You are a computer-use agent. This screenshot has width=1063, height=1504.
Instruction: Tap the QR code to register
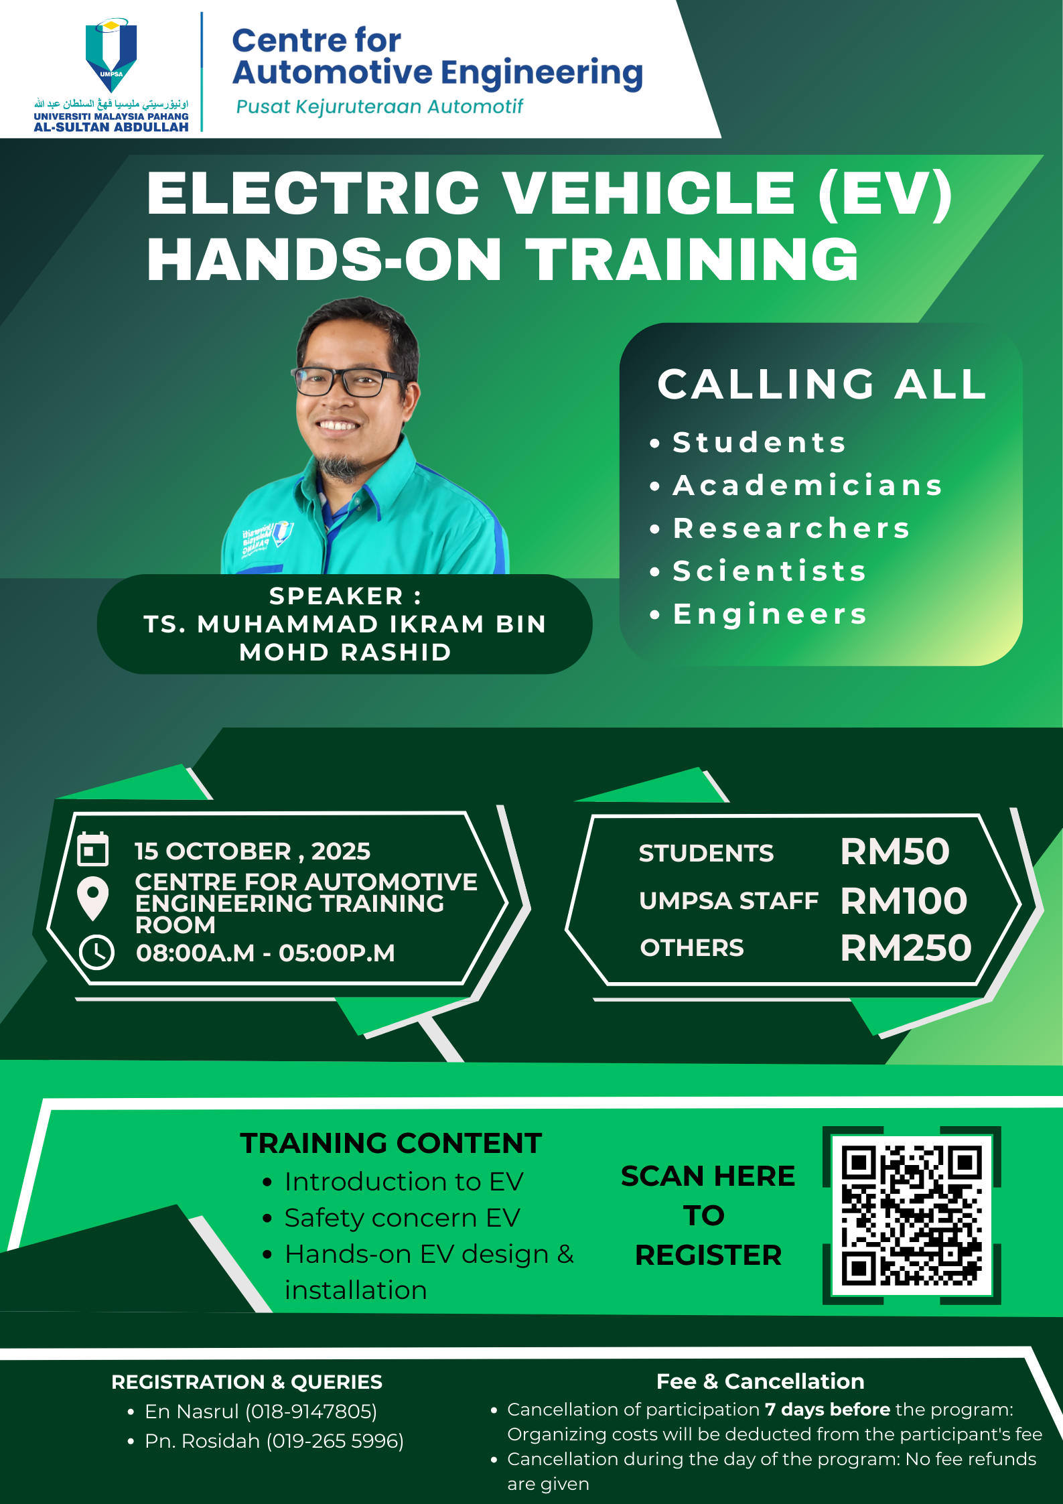[912, 1215]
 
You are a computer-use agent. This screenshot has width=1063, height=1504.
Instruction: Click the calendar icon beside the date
[93, 849]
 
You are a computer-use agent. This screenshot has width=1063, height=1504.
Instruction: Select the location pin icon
[93, 898]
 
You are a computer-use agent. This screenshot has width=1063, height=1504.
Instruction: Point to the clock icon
[97, 952]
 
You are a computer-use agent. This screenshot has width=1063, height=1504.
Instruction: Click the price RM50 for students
[895, 852]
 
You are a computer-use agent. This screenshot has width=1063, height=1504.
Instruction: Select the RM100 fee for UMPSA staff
[904, 901]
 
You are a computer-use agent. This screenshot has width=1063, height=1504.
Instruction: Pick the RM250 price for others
[906, 949]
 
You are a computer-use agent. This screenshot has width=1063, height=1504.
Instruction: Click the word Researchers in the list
[792, 529]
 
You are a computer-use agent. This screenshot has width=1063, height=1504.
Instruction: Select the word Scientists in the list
[770, 571]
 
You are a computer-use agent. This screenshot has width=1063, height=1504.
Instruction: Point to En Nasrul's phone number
[311, 1412]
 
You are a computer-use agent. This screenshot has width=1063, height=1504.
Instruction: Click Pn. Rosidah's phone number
[335, 1441]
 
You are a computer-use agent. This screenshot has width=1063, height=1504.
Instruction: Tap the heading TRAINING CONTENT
[391, 1144]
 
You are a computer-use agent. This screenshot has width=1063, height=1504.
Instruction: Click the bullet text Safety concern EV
[403, 1218]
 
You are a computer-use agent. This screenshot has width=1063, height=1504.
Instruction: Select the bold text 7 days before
[828, 1410]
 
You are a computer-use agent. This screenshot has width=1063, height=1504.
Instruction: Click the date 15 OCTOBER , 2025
[253, 851]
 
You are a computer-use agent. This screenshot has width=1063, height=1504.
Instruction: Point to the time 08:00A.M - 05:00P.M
[265, 953]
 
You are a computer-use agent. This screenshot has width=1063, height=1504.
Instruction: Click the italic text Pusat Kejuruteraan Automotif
[380, 107]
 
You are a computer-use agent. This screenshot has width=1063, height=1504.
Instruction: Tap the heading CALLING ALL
[822, 385]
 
